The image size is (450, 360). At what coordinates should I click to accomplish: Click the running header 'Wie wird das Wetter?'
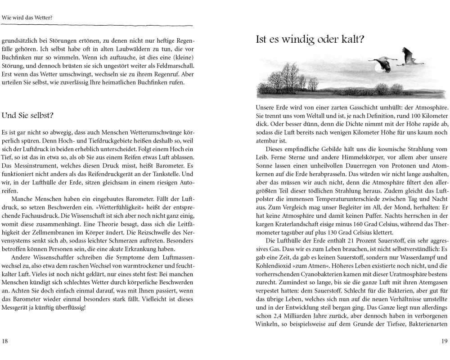click(x=27, y=18)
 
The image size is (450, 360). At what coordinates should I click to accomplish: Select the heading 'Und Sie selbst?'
click(x=28, y=116)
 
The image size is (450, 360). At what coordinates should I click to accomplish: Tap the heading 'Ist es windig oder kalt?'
click(x=310, y=39)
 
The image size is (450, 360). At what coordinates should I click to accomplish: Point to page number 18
click(x=5, y=341)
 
